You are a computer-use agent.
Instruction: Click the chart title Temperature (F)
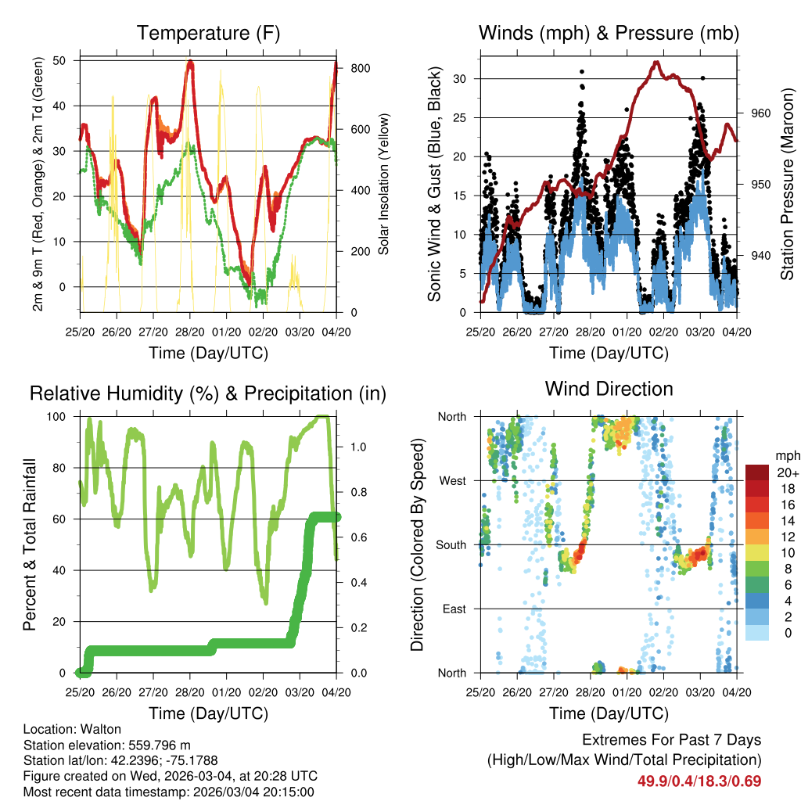(208, 33)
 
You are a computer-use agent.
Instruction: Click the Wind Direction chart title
(609, 389)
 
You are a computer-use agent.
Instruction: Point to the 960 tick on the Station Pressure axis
(762, 113)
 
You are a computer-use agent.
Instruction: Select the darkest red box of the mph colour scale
(756, 472)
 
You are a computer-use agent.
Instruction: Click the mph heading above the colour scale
(785, 455)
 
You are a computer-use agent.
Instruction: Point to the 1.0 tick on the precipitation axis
(359, 447)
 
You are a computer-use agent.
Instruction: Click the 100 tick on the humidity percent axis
(63, 416)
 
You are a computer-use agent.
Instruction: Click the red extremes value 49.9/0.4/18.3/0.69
(699, 781)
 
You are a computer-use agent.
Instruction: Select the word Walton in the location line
(94, 729)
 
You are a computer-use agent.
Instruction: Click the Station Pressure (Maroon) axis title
(788, 185)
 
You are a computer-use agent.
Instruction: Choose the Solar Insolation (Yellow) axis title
(384, 185)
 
